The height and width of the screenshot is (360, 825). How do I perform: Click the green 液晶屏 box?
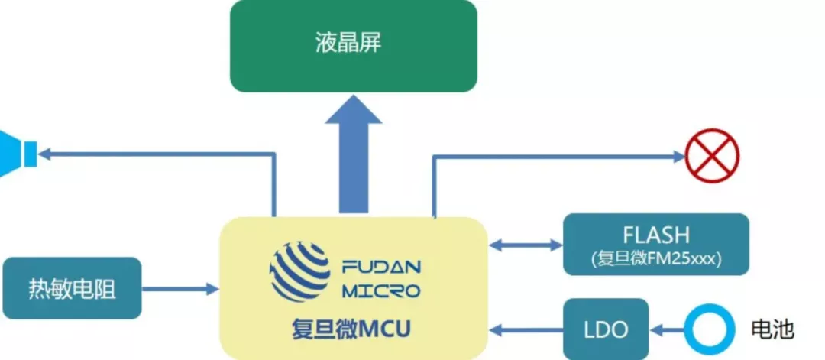pos(353,46)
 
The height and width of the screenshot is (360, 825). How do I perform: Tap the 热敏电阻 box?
pos(73,288)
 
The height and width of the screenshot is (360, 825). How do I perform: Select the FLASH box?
pos(655,244)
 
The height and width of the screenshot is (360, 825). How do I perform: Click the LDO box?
pos(606,330)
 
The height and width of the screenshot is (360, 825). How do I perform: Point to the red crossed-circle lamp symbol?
pos(712,156)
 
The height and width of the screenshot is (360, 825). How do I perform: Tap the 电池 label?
pos(772,330)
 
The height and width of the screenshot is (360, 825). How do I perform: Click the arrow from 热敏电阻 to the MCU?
pos(180,289)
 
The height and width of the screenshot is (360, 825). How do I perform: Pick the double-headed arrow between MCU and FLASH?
pos(526,245)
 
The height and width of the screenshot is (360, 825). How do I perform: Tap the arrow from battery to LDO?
pos(666,330)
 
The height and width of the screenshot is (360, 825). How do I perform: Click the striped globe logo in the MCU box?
pos(299,271)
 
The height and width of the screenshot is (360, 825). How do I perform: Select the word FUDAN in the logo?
pos(381,268)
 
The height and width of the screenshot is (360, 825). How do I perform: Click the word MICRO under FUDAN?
pos(381,290)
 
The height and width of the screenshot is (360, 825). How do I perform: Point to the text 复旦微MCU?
pos(353,329)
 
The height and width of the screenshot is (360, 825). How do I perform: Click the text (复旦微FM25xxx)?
pos(655,258)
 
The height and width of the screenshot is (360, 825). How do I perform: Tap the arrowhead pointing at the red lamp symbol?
pos(678,157)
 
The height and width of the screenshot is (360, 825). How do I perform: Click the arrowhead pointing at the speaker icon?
pos(46,154)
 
